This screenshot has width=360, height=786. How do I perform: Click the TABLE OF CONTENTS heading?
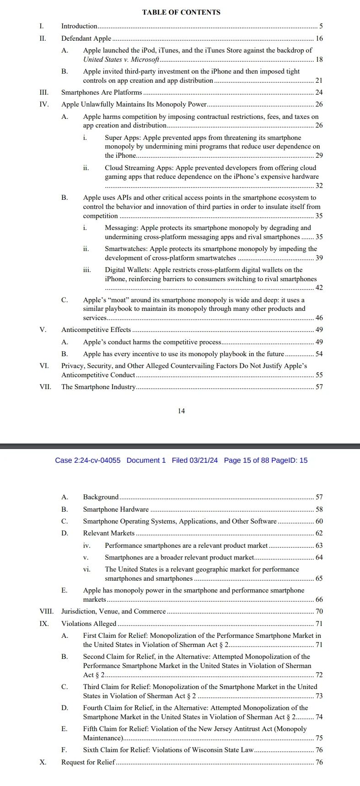(181, 12)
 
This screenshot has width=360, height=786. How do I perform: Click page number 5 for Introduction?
(321, 26)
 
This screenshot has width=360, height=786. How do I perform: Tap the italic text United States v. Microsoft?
(121, 59)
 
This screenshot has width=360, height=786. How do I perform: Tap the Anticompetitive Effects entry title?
(96, 330)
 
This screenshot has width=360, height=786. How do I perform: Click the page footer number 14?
(181, 411)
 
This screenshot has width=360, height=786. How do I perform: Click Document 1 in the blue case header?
(146, 460)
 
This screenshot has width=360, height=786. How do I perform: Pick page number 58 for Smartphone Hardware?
(319, 509)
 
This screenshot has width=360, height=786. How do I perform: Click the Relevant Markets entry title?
(109, 533)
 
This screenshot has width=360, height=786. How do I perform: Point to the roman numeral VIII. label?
(46, 611)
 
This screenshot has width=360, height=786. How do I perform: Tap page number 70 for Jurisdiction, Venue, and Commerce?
(319, 611)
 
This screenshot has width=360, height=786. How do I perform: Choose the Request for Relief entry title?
(88, 762)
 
